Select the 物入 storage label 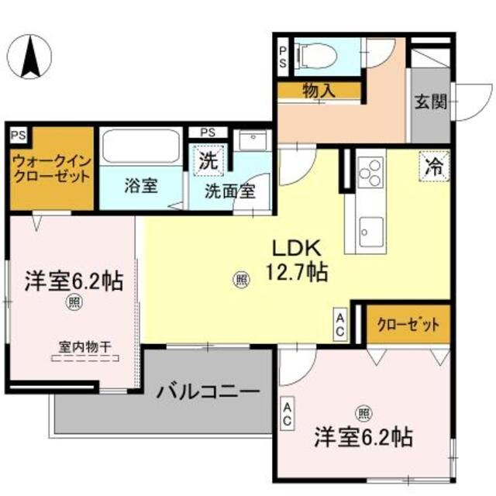click(x=319, y=91)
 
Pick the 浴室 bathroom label click(x=140, y=186)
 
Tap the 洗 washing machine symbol click(x=208, y=163)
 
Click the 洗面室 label click(x=230, y=191)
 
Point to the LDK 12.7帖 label click(x=296, y=260)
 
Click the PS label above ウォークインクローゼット click(x=18, y=133)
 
